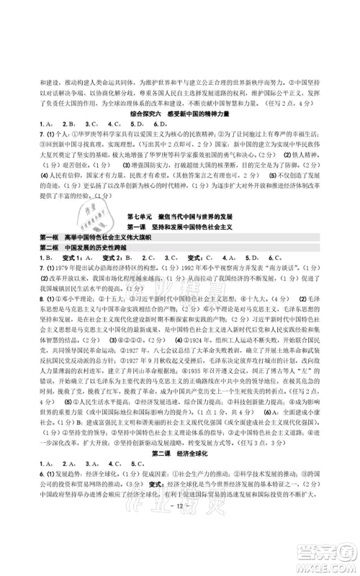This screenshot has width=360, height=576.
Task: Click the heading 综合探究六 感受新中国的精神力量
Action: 180,114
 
